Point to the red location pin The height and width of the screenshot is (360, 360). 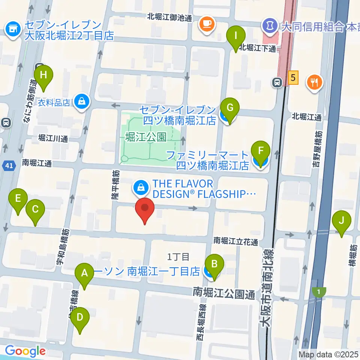145,210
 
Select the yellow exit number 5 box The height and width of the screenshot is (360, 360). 293,78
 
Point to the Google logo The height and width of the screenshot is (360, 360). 25,351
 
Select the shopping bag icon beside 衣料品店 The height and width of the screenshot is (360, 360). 81,101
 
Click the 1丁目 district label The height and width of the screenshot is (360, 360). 178,257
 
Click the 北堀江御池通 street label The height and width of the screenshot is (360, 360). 169,16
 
